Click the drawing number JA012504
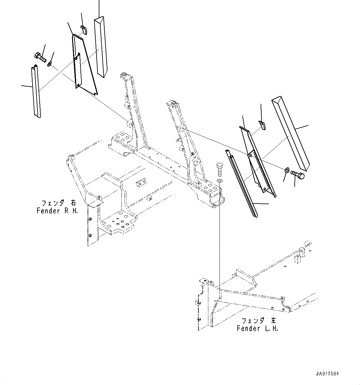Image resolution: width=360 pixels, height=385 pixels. pos(327,374)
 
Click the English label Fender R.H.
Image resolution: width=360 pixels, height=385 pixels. pos(57,211)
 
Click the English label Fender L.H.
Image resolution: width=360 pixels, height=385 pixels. pos(257,328)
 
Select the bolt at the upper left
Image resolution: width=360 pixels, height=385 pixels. pos(40,57)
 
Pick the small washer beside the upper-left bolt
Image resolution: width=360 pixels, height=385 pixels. pos(50,64)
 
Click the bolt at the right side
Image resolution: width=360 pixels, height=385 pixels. pos(298,175)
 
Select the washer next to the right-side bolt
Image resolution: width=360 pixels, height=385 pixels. pos(287,170)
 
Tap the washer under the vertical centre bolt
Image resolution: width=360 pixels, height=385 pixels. pos(219,181)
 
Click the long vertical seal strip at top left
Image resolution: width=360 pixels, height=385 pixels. pos(101,46)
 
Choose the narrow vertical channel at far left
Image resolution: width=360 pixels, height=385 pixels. pos(36,92)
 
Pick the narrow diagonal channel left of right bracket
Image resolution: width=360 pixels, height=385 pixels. pos(242,183)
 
